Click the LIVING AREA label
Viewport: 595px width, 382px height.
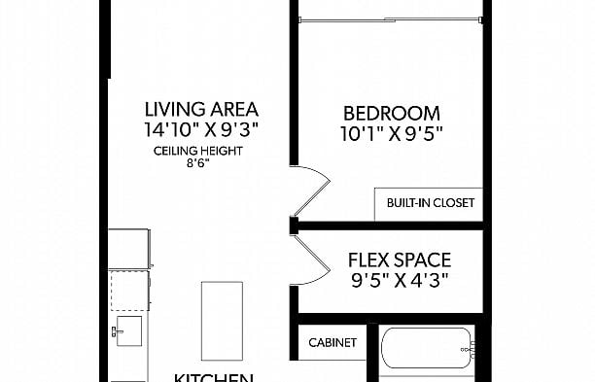(x=201, y=109)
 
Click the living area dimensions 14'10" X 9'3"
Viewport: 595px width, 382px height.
(x=201, y=127)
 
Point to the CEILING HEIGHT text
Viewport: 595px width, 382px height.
(x=197, y=152)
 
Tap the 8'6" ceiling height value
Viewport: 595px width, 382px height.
(x=196, y=164)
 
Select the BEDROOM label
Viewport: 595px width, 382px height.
(x=393, y=113)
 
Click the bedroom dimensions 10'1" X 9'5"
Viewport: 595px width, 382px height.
(x=393, y=134)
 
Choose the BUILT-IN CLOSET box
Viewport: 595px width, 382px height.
(x=429, y=203)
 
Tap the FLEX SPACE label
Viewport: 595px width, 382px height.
(x=399, y=260)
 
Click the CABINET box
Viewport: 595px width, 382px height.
(x=332, y=343)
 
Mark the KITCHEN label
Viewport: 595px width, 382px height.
(x=214, y=377)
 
